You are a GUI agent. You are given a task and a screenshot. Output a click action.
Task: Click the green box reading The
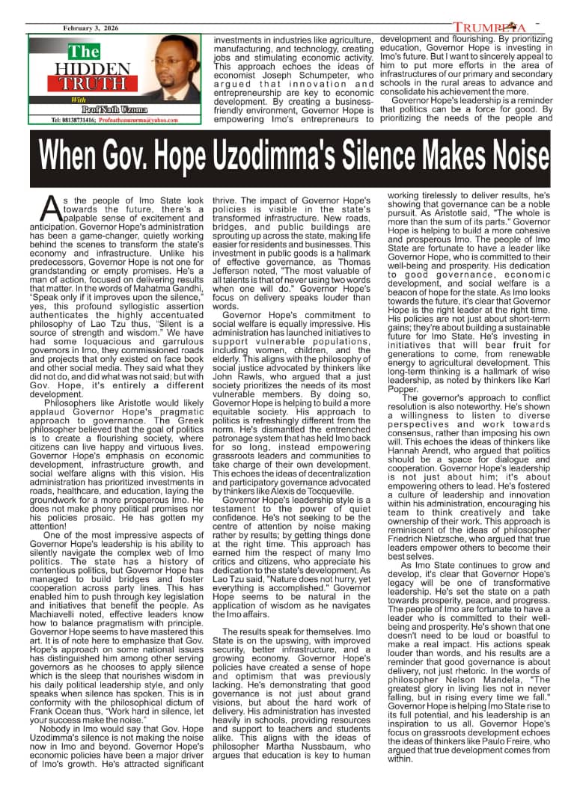coord(84,52)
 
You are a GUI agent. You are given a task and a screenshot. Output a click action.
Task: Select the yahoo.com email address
coord(135,120)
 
